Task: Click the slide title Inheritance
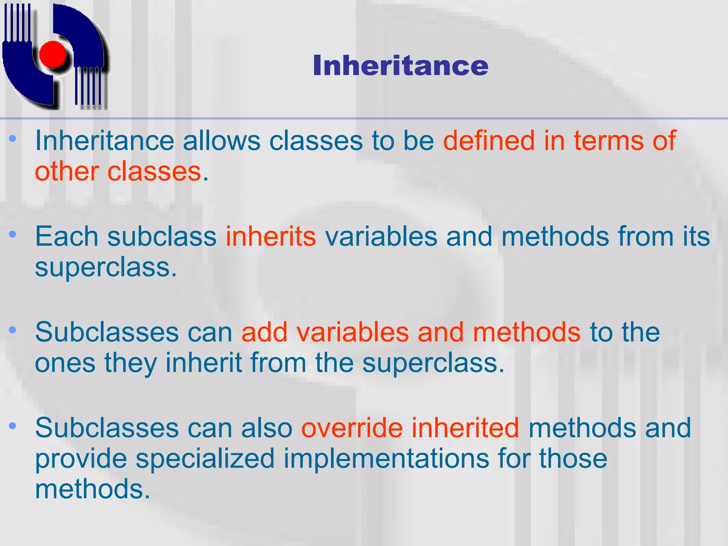click(400, 66)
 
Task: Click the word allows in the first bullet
click(221, 141)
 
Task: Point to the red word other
click(67, 172)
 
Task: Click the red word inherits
click(271, 236)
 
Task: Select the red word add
click(264, 332)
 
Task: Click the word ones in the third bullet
click(65, 363)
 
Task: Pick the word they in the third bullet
click(130, 363)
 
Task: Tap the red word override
click(352, 428)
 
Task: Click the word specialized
click(205, 459)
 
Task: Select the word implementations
click(386, 459)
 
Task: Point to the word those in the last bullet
click(573, 459)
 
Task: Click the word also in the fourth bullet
click(266, 428)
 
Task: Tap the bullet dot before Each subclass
click(13, 234)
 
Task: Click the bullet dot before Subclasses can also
click(13, 425)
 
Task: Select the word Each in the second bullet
click(66, 236)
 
